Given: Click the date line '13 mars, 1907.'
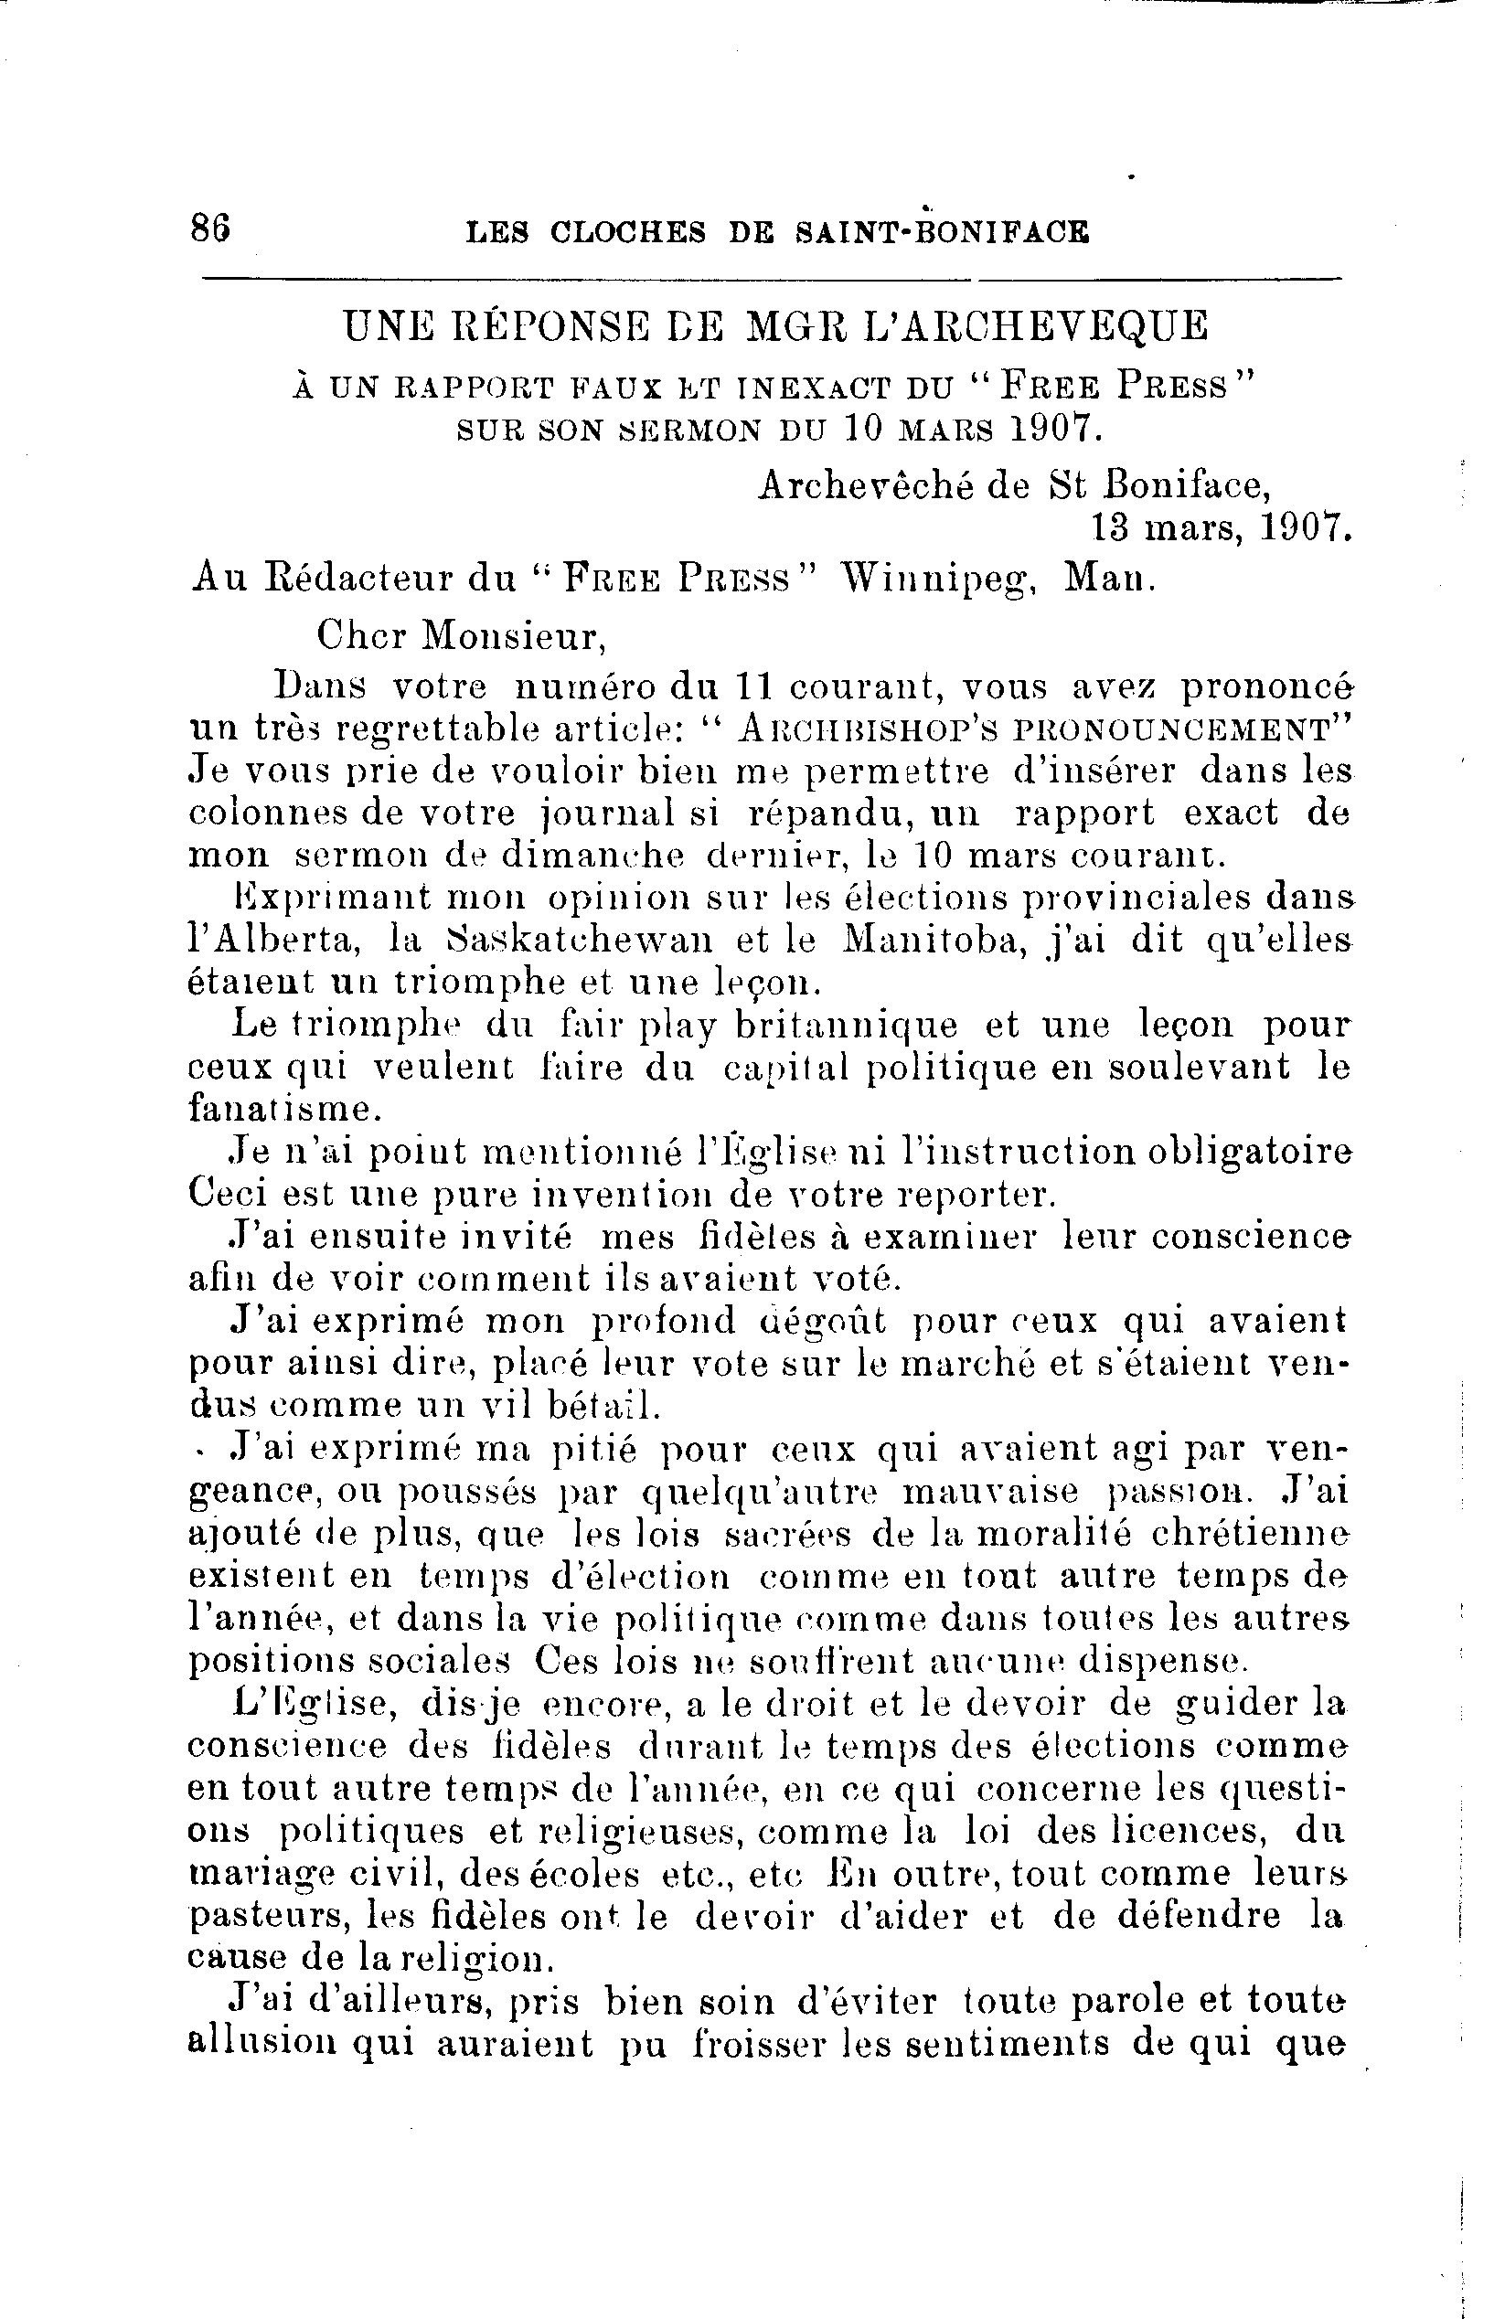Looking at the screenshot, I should coord(1221,527).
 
